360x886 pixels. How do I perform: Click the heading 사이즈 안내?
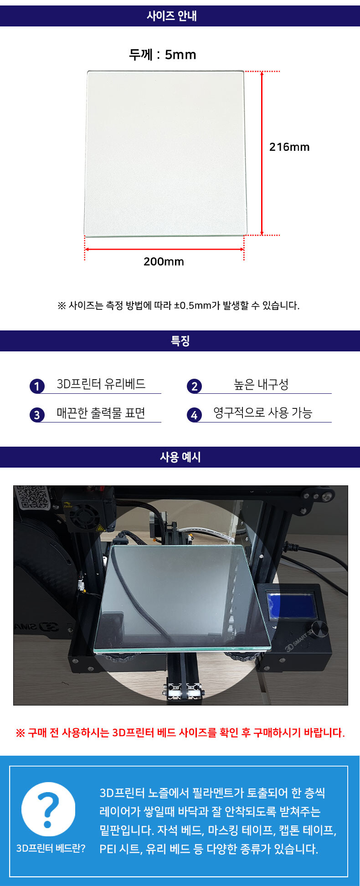[172, 16]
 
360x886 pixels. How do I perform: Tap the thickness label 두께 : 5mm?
[163, 55]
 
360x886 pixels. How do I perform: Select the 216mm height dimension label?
[289, 147]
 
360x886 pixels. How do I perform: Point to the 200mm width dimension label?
[164, 262]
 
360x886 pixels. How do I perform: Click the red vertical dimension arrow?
[262, 153]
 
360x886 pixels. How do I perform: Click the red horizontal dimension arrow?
[165, 249]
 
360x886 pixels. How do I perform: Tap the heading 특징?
[180, 341]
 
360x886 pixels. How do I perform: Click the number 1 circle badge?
[37, 386]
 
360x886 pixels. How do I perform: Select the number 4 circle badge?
[194, 415]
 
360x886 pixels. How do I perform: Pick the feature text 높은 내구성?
[261, 384]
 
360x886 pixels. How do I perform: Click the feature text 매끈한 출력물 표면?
[101, 413]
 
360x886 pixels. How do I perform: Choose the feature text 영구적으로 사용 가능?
[263, 413]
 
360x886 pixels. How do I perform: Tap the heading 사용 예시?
[180, 457]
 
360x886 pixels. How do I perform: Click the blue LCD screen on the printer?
[291, 605]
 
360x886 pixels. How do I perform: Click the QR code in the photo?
[32, 497]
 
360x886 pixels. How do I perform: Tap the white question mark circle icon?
[48, 809]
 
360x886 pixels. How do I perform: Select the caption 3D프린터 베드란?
[51, 848]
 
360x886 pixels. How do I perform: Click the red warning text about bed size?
[180, 732]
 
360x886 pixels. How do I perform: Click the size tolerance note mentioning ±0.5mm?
[179, 305]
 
